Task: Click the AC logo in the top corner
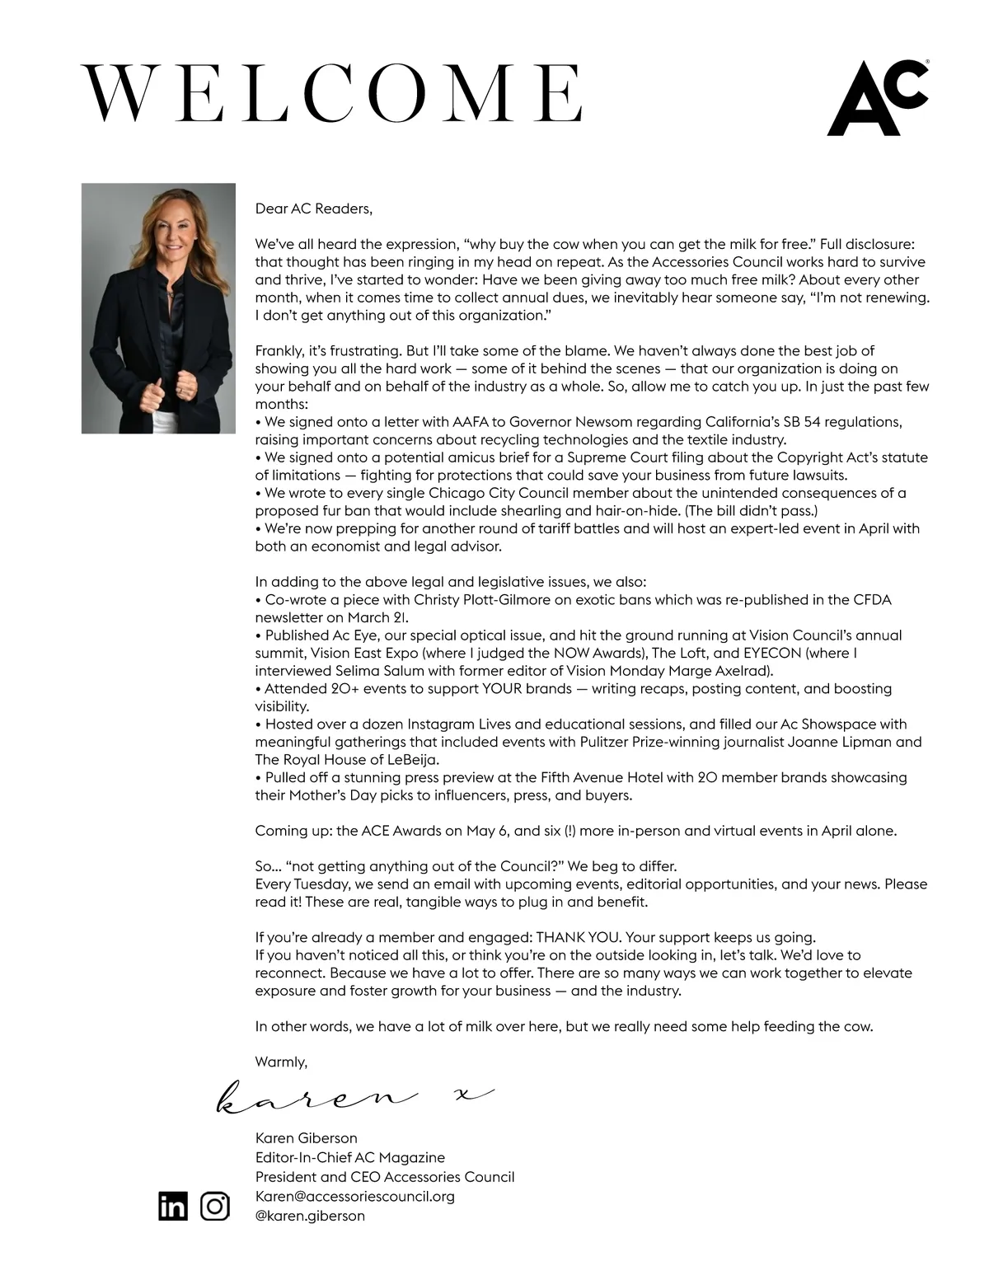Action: click(877, 98)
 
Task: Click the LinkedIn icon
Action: click(173, 1206)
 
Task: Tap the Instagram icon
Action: click(215, 1206)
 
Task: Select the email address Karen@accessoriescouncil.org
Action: click(354, 1196)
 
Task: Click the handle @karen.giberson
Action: click(310, 1216)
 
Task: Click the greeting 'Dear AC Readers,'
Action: click(313, 209)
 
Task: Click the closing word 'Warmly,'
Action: click(281, 1062)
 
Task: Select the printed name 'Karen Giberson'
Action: click(306, 1138)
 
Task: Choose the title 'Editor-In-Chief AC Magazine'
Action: click(349, 1157)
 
